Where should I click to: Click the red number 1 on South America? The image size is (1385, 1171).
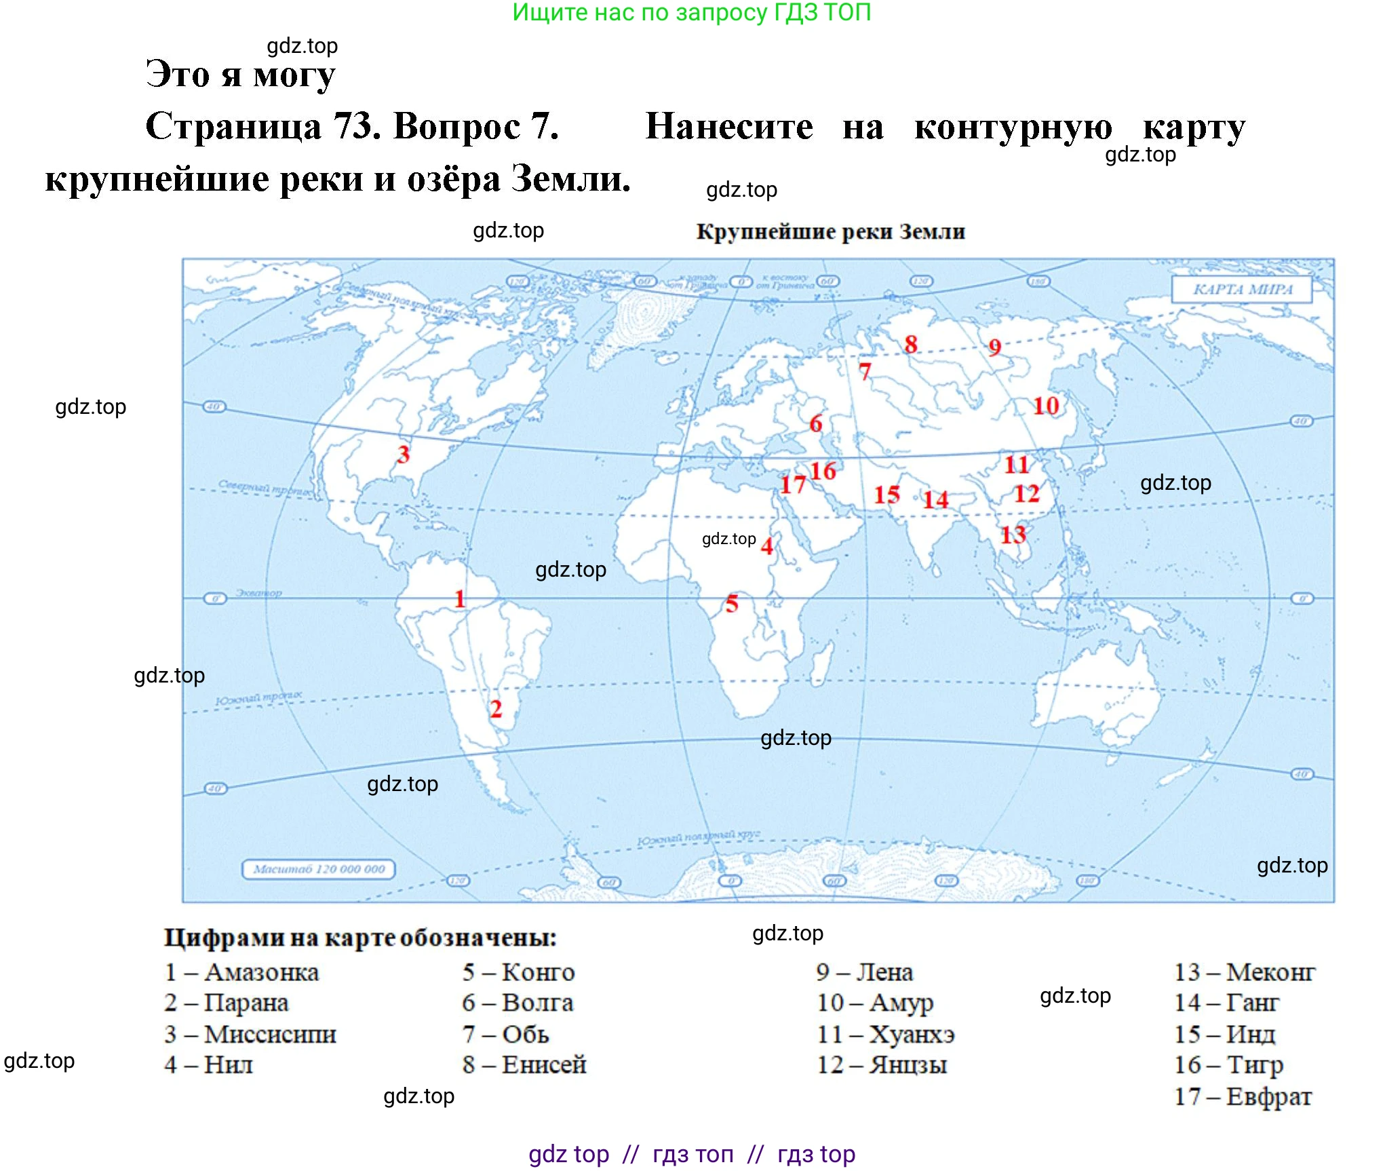coord(460,599)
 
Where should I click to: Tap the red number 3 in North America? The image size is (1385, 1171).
coord(404,454)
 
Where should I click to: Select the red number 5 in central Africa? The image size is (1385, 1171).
coord(731,603)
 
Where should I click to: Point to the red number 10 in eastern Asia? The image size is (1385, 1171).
coord(1045,406)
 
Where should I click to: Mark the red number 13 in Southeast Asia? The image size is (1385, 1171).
coord(1013,535)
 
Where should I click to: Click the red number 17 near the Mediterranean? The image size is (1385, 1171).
coord(792,484)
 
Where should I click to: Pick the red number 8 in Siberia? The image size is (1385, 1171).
coord(911,344)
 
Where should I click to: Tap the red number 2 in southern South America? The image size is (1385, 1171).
coord(496,709)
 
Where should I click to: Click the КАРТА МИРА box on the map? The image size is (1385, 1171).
coord(1242,289)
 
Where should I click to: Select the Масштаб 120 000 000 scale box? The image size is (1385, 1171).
coord(319,869)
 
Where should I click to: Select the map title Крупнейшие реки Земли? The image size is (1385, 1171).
coord(830,232)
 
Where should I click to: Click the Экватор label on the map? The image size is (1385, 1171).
coord(258,593)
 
